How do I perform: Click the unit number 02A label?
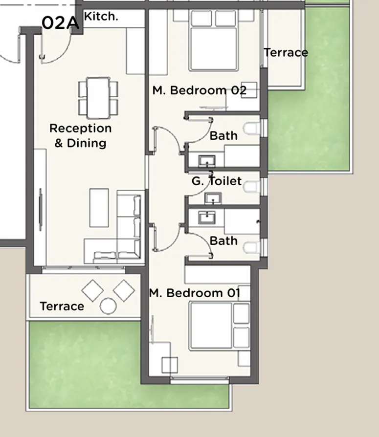click(60, 23)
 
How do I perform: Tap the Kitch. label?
click(101, 16)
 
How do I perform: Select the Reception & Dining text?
click(81, 135)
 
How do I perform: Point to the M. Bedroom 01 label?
click(195, 293)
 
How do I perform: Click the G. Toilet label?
click(216, 181)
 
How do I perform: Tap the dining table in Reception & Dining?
click(98, 98)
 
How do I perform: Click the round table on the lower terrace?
click(108, 306)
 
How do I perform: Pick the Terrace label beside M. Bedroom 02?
click(286, 53)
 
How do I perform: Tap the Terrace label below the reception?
click(62, 306)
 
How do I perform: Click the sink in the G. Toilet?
click(213, 198)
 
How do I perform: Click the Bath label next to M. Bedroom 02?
click(223, 135)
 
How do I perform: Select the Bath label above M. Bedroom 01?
click(223, 241)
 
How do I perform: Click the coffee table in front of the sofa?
click(99, 207)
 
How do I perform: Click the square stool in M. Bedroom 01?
click(169, 365)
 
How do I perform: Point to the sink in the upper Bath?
click(207, 160)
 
